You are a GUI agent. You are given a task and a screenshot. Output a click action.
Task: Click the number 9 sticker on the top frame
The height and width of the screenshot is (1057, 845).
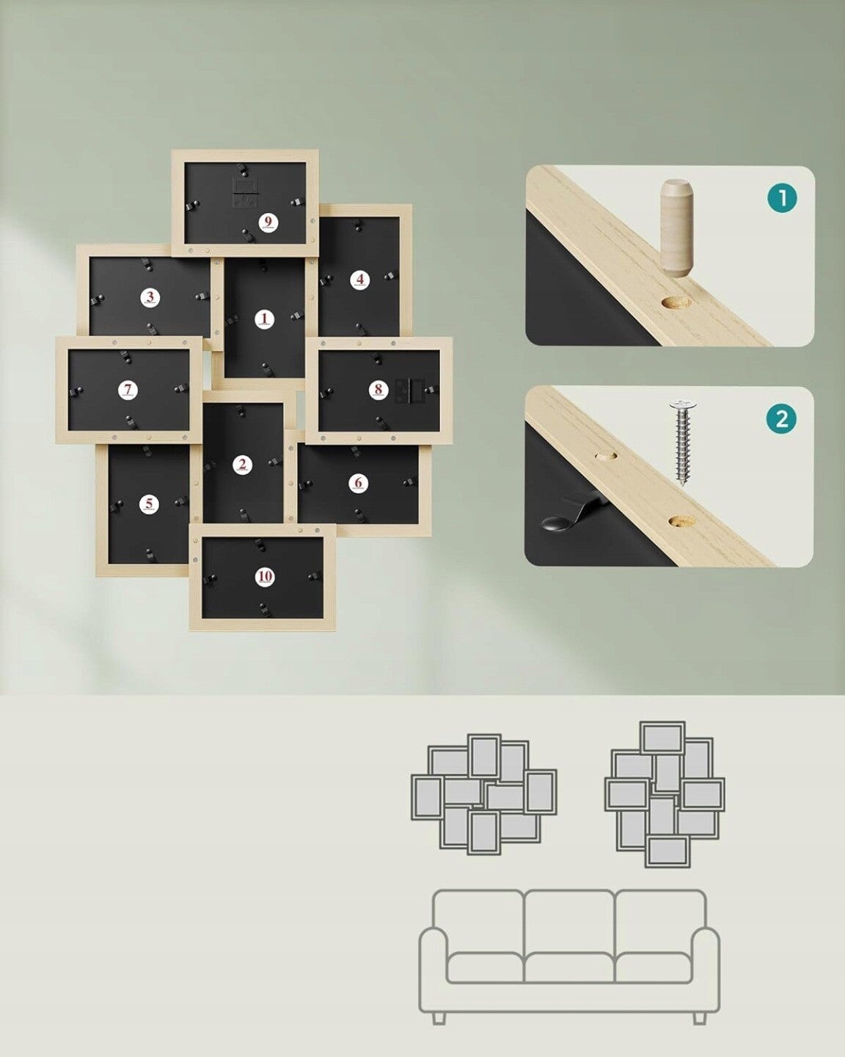(268, 223)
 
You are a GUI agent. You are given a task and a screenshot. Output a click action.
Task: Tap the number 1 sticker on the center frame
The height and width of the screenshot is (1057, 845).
(265, 319)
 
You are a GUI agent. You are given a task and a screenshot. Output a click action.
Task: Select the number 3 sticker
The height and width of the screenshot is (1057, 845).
(150, 297)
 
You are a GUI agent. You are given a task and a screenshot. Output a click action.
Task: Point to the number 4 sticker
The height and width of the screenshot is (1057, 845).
(360, 280)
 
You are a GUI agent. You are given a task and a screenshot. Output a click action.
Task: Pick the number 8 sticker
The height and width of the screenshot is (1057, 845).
(378, 391)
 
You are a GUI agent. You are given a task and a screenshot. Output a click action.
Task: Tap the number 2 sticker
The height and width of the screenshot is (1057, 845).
(242, 465)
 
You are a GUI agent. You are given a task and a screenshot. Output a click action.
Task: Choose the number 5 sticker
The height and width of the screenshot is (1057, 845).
(149, 504)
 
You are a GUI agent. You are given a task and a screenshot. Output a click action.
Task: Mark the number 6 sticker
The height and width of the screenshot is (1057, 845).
(359, 483)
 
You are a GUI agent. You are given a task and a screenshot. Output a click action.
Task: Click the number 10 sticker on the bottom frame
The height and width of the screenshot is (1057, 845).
(265, 577)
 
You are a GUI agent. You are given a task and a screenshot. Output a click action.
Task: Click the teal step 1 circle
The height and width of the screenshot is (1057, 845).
(782, 198)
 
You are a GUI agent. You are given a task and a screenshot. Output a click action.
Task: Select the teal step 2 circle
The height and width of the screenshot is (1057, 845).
(781, 419)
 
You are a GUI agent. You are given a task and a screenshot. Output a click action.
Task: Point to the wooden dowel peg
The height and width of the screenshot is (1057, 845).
(677, 228)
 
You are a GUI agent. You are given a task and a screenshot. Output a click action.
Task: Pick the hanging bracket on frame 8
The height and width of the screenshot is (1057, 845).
(409, 391)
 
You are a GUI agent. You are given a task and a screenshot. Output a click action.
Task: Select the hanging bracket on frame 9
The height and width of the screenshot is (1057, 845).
(246, 192)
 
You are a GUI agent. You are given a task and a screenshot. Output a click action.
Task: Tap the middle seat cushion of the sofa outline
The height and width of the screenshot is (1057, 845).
(569, 967)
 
